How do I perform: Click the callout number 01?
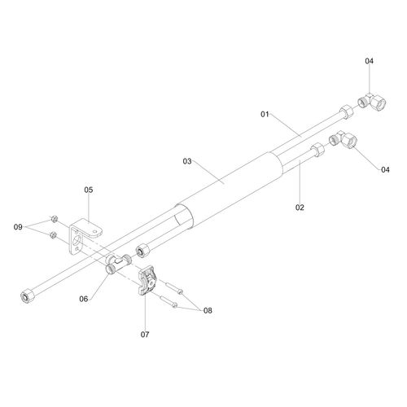tap(265, 114)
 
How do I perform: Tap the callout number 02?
tap(300, 208)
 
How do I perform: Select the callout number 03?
tap(187, 161)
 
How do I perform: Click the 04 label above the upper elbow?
tap(369, 61)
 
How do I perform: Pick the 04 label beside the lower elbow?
tap(385, 170)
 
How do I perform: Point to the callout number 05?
tap(89, 190)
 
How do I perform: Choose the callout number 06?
tap(84, 299)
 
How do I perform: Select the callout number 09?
tap(18, 227)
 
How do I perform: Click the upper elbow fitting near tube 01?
tap(372, 102)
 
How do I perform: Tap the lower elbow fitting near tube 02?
tap(344, 139)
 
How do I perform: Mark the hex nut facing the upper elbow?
tap(347, 112)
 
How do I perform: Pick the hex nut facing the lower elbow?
tap(318, 150)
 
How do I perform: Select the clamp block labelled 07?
tap(147, 280)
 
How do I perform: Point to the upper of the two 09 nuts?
tap(54, 219)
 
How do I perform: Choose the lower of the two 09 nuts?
tap(53, 235)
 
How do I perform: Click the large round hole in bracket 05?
tap(77, 241)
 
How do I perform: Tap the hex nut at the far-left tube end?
tap(28, 296)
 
